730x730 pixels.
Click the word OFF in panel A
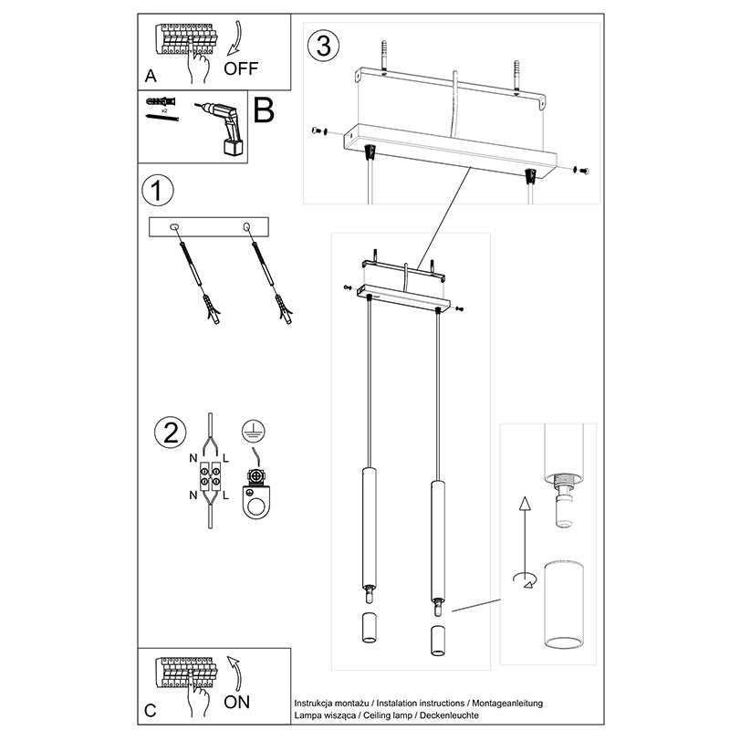coord(242,68)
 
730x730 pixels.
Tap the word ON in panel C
coord(236,702)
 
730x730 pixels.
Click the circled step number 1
coord(158,192)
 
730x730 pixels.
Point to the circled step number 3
coord(320,45)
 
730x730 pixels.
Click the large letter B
coord(263,111)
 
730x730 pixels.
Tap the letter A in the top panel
coord(151,76)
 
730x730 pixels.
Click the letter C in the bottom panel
coord(151,709)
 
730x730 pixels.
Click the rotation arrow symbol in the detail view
coord(523,578)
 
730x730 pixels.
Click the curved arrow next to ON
coord(235,671)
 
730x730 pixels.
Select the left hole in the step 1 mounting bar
coord(176,225)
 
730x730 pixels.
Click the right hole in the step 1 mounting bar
coord(246,225)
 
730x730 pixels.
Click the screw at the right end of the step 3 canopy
coord(581,170)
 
